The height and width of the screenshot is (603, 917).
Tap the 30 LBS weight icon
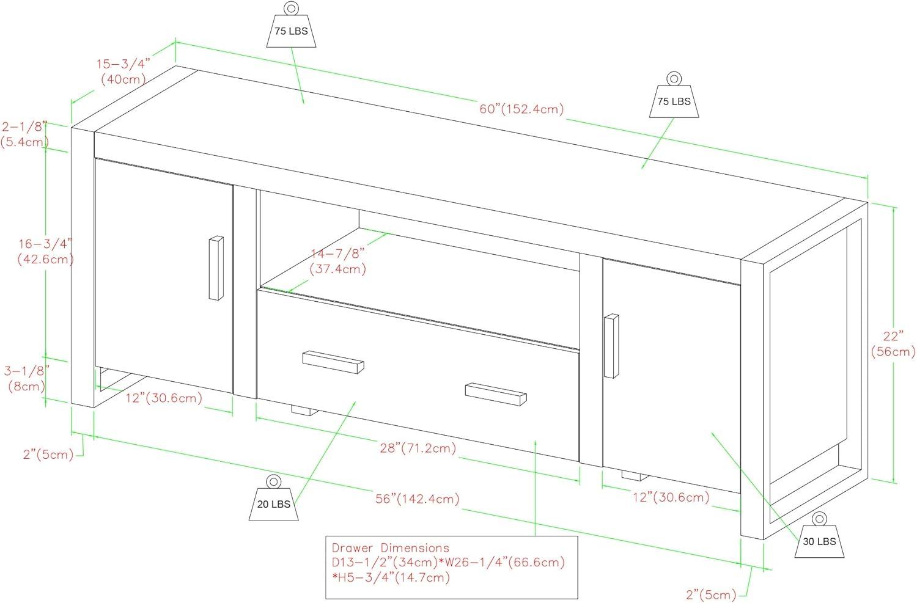tap(819, 537)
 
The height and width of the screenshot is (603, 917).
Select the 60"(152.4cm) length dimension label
tap(521, 109)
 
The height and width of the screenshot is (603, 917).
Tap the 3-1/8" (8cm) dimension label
tap(26, 378)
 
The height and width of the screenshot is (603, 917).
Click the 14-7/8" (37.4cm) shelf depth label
tap(337, 260)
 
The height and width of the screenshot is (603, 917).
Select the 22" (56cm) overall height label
tap(893, 343)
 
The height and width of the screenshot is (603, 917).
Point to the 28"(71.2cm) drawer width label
tap(418, 448)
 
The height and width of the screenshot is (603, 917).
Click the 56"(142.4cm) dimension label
tap(418, 499)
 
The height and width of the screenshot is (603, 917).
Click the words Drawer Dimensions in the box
tap(390, 548)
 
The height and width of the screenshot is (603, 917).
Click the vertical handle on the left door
tap(216, 268)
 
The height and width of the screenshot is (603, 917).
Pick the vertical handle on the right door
tap(611, 346)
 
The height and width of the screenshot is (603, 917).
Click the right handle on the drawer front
tap(496, 393)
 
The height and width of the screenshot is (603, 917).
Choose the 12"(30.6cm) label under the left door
tap(164, 398)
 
